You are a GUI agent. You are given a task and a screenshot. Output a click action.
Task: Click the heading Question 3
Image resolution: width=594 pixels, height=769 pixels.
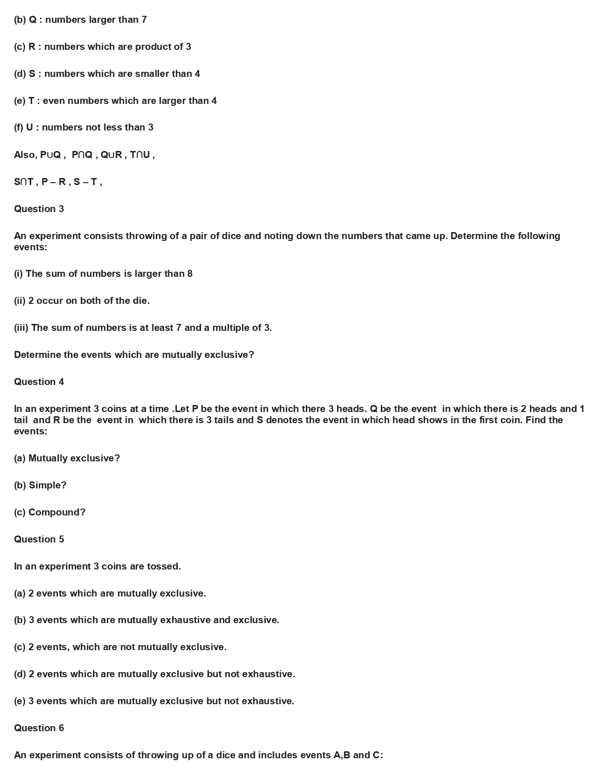point(39,209)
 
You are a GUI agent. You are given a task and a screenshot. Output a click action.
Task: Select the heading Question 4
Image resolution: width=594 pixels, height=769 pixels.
point(39,382)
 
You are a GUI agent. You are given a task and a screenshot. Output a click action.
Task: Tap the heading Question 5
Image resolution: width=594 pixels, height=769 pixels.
point(39,539)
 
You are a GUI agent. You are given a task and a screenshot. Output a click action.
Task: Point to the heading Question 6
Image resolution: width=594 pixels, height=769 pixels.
point(39,728)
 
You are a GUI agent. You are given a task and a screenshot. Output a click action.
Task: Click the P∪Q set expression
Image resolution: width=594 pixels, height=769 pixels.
point(50,155)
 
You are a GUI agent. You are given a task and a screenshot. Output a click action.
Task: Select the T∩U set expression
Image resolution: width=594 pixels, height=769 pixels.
point(140,155)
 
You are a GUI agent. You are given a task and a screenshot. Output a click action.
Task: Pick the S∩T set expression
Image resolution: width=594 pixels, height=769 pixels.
point(23,182)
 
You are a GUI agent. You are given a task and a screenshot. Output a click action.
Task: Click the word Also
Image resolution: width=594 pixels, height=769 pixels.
point(24,155)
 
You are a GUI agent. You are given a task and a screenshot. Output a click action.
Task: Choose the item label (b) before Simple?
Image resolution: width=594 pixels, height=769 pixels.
point(20,485)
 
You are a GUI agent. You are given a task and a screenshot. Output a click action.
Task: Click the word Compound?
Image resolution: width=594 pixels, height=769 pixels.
point(57,512)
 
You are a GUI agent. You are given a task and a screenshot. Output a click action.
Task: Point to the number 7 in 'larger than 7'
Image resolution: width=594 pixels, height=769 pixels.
point(144,20)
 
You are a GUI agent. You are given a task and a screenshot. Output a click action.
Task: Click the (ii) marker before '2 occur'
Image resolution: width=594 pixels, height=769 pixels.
point(20,301)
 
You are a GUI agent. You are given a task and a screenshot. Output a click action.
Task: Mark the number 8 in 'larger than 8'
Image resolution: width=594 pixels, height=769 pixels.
point(190,274)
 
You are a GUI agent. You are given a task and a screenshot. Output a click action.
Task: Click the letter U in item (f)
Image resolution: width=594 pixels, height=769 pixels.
point(29,128)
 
